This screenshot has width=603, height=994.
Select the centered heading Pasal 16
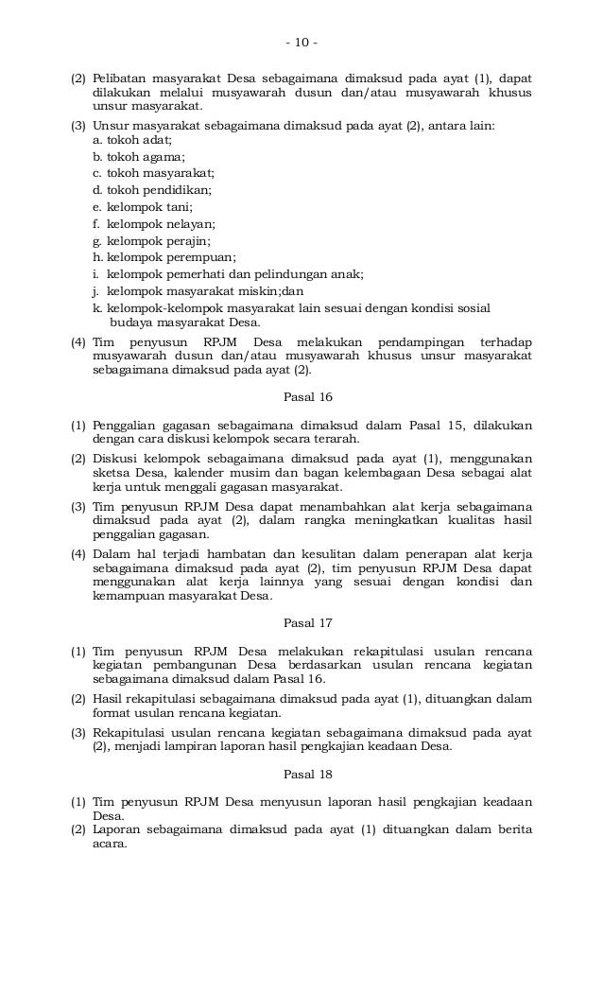301,398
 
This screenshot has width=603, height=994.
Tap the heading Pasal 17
301,623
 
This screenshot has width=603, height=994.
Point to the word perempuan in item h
201,257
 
